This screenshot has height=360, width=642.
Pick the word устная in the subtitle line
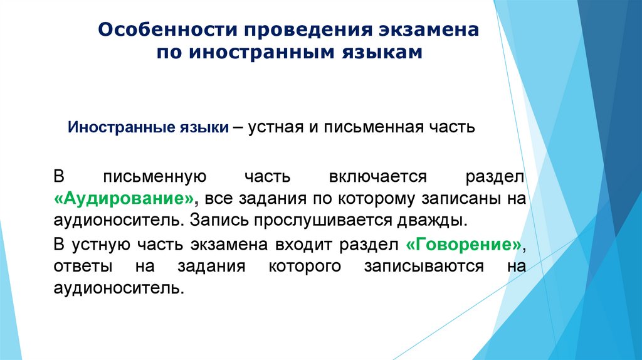[278, 127]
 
